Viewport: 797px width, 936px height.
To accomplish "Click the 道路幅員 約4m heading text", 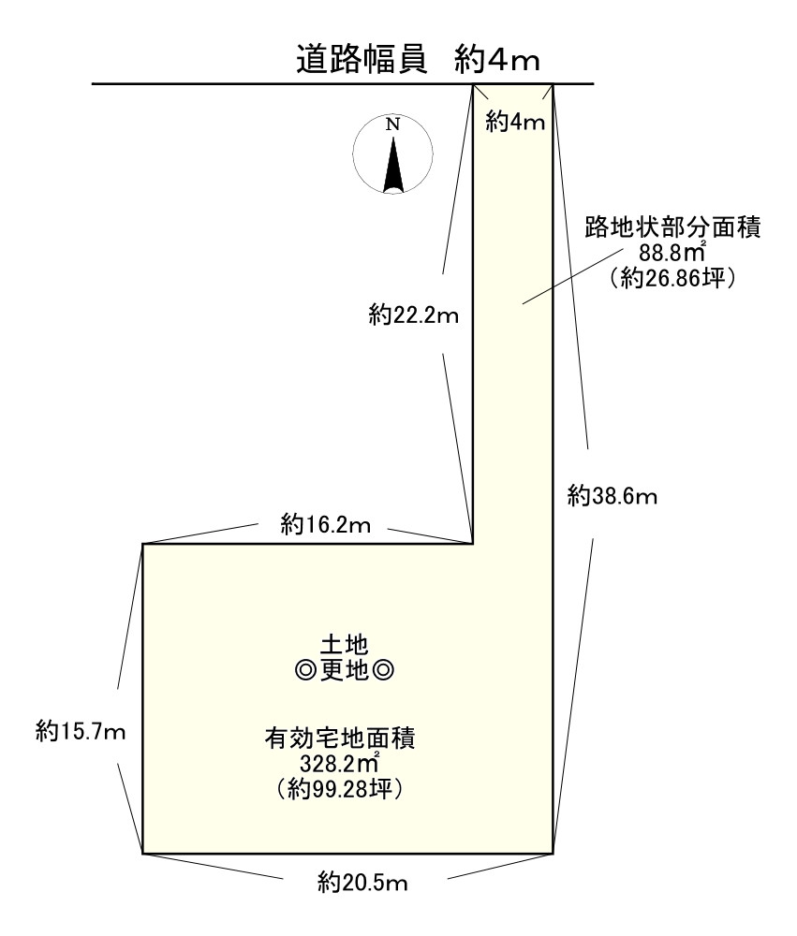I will pos(417,60).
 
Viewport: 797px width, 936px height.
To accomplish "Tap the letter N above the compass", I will pos(393,124).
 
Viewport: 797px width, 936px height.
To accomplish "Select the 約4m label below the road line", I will pos(515,122).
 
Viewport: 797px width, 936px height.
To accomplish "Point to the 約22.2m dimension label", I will pos(413,315).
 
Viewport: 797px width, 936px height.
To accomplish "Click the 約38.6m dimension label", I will pos(613,497).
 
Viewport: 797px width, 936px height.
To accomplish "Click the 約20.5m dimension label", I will pos(365,882).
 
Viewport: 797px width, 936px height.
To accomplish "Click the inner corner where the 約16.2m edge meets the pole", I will pos(473,543).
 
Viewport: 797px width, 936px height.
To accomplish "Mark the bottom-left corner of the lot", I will pos(143,853).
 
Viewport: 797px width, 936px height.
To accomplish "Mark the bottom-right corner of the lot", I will pos(552,853).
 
